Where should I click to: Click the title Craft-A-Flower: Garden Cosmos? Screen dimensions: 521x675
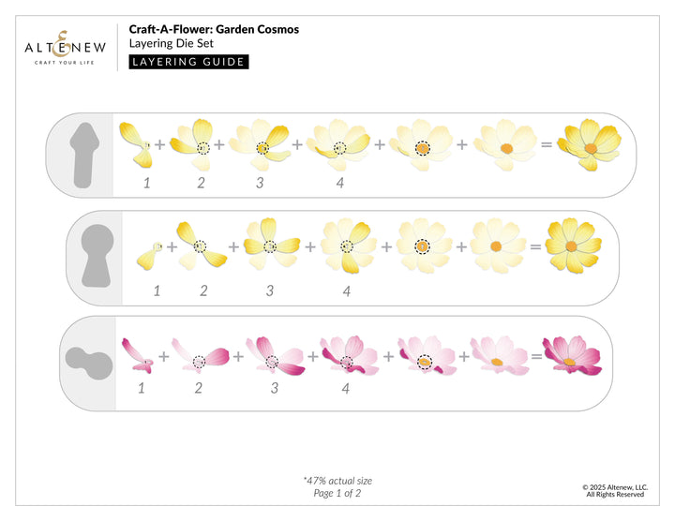[215, 29]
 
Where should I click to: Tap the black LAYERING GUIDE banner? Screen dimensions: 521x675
[188, 62]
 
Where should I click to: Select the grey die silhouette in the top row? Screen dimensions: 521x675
[83, 155]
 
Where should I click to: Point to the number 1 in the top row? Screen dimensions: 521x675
[146, 183]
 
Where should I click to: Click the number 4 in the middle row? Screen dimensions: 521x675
[346, 291]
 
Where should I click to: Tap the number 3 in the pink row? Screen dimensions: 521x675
[275, 386]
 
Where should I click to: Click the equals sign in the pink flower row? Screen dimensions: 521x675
[534, 356]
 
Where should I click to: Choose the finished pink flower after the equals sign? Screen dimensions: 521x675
[575, 354]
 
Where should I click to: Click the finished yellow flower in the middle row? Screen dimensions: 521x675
[574, 247]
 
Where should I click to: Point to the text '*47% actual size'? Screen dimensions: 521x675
[337, 481]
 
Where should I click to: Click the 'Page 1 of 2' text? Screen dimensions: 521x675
[337, 494]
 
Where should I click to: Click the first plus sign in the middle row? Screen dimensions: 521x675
[172, 247]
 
